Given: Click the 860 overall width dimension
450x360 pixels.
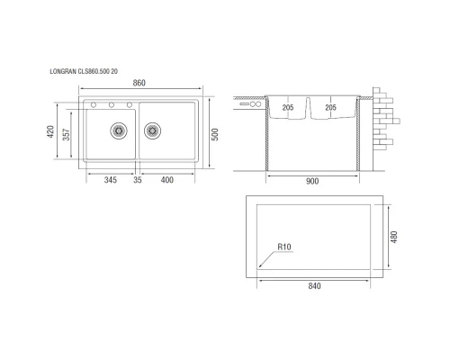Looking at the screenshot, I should [139, 83].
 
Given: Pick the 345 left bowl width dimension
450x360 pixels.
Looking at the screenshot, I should [110, 181].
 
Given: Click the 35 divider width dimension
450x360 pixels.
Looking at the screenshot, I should [138, 181].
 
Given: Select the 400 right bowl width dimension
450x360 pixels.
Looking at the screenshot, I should [167, 181].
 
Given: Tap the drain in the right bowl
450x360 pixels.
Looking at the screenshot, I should [151, 130].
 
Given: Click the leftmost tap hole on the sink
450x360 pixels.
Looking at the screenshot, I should [93, 105].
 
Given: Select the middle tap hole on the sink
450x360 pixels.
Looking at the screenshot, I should [112, 105].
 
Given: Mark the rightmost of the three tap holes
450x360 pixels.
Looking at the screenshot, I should [130, 105].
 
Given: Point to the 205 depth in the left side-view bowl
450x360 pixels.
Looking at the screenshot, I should [288, 108].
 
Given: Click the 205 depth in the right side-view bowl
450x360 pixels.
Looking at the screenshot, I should [329, 108].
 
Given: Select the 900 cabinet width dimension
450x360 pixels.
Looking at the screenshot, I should [312, 181].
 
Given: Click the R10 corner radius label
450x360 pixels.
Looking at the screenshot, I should [286, 246].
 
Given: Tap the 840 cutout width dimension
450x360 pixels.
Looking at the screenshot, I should [314, 286].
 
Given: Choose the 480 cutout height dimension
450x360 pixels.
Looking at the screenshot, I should [392, 236].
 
